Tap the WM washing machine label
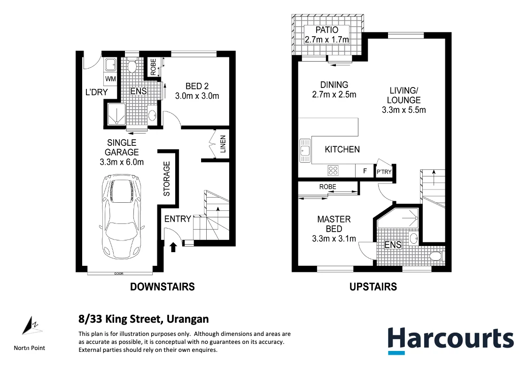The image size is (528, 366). pos(110,78)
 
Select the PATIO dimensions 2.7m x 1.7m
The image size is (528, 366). pos(327,40)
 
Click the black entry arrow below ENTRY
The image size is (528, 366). pos(173,247)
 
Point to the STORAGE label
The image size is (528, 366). pos(167,179)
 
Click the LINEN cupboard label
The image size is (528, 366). pos(223,146)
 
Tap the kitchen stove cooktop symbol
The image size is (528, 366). pos(334,170)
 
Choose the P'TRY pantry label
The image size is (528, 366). pos(384,172)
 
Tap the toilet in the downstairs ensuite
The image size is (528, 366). pos(132,66)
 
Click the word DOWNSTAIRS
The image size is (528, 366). pos(162,286)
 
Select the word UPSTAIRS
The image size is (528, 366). pos(373,286)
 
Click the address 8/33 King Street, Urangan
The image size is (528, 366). pos(143,319)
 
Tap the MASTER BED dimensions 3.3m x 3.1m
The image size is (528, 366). pos(334,239)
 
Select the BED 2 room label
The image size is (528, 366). pos(197,86)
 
